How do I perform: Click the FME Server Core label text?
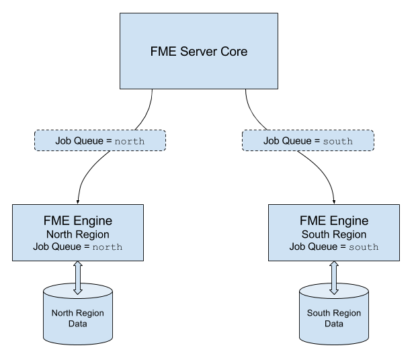(x=199, y=52)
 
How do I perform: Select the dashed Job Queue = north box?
(x=100, y=140)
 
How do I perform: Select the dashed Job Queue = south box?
(x=308, y=140)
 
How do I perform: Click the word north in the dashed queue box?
(x=130, y=141)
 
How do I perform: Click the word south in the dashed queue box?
(x=337, y=141)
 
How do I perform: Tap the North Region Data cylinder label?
(x=78, y=318)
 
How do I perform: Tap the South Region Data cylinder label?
(x=334, y=318)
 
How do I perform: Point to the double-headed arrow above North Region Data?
(x=78, y=278)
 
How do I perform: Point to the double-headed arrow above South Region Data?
(x=334, y=278)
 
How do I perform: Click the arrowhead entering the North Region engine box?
(x=78, y=202)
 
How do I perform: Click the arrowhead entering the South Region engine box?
(x=334, y=202)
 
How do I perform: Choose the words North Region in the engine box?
(x=78, y=234)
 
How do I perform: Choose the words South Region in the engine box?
(x=334, y=234)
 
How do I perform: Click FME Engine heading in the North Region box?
(x=78, y=221)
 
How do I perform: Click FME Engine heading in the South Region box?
(x=334, y=221)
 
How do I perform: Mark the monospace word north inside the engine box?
(x=108, y=247)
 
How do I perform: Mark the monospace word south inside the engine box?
(x=364, y=247)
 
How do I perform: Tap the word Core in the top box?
(x=234, y=52)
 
